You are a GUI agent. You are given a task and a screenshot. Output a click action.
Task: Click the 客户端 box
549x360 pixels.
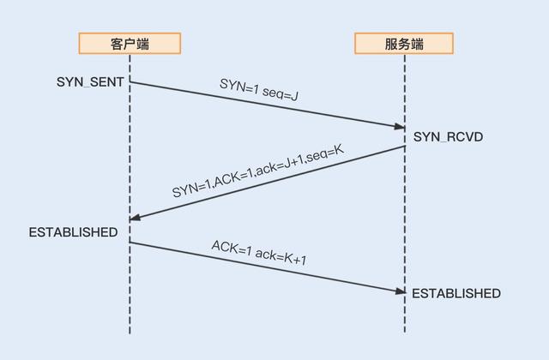click(130, 43)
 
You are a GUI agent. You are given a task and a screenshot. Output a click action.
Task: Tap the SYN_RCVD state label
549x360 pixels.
click(447, 136)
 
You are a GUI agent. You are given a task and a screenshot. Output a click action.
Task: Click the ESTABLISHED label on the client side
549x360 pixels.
click(73, 232)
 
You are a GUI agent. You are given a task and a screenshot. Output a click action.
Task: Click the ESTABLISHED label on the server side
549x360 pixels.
click(456, 293)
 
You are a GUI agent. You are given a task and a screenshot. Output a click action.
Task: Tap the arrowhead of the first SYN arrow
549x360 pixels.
click(400, 127)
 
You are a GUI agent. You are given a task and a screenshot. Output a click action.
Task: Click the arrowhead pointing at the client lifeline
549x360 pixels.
click(136, 219)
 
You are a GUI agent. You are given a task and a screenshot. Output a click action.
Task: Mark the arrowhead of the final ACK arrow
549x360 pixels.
click(400, 291)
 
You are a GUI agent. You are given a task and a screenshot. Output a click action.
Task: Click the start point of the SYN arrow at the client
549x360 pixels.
click(130, 82)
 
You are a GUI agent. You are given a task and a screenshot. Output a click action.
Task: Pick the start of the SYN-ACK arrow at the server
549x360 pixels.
click(405, 147)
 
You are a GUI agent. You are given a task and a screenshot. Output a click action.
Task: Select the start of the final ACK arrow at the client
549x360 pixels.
click(130, 243)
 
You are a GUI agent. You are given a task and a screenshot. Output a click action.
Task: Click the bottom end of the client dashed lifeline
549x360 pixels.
click(130, 333)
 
